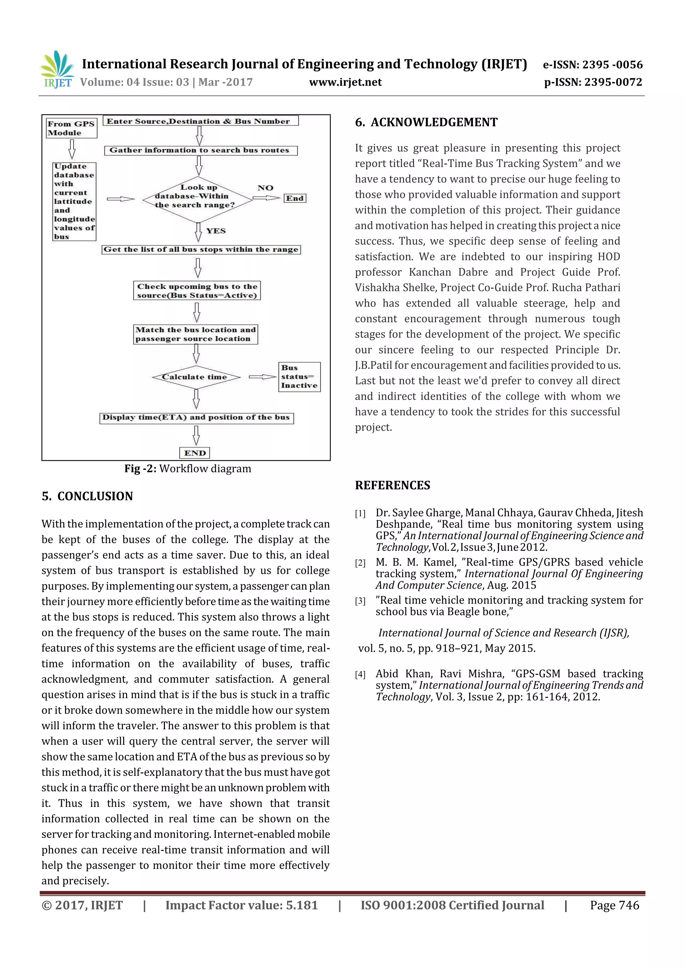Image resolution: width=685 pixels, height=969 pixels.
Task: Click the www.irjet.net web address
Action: pyautogui.click(x=345, y=82)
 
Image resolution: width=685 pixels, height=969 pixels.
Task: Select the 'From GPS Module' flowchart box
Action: pyautogui.click(x=71, y=128)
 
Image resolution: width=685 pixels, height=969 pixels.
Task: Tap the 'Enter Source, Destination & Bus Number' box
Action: pyautogui.click(x=200, y=121)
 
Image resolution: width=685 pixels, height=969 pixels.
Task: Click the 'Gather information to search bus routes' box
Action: pyautogui.click(x=200, y=150)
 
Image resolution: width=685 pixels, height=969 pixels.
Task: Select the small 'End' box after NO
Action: pyautogui.click(x=295, y=198)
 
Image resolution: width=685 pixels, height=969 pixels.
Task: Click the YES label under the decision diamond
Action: pyautogui.click(x=216, y=231)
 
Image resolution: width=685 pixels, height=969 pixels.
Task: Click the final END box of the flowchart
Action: pyautogui.click(x=195, y=453)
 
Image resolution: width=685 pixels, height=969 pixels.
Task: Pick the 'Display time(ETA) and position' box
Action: pyautogui.click(x=196, y=418)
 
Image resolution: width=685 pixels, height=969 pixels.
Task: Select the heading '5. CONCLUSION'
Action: pyautogui.click(x=87, y=496)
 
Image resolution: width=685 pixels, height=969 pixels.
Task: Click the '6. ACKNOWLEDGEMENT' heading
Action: pyautogui.click(x=426, y=123)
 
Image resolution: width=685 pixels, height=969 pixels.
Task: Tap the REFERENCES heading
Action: pyautogui.click(x=393, y=485)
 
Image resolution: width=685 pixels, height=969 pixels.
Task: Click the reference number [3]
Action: pyautogui.click(x=360, y=601)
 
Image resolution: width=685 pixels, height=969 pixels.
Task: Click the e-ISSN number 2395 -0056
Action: pyautogui.click(x=612, y=65)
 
